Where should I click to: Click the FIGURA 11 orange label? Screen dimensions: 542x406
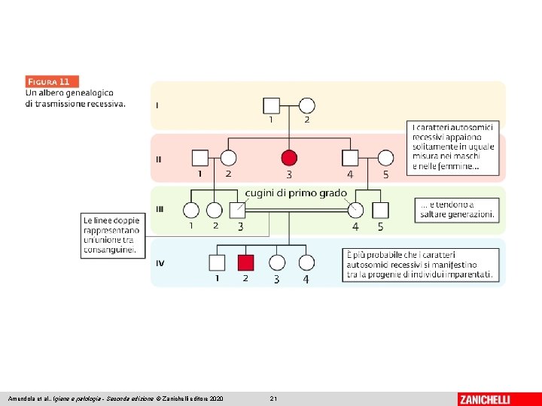(x=52, y=81)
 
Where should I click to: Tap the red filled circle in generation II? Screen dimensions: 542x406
(x=289, y=157)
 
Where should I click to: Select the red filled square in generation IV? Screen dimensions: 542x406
(x=245, y=262)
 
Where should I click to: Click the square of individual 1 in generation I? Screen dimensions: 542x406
(x=271, y=105)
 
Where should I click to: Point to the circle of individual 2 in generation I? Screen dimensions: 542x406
(x=306, y=105)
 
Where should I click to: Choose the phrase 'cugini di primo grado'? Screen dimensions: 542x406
(x=296, y=193)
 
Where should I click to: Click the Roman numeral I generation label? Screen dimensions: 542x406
(x=157, y=105)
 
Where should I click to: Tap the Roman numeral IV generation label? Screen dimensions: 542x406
(x=160, y=263)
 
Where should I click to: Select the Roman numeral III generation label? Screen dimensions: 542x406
(x=159, y=210)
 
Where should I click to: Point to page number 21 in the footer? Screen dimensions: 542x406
(x=273, y=398)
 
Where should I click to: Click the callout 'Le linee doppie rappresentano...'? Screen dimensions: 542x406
(x=111, y=235)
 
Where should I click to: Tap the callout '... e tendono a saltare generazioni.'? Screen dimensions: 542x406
(x=458, y=210)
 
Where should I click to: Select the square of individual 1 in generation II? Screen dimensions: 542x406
(x=199, y=158)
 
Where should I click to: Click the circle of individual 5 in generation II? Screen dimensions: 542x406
(x=385, y=158)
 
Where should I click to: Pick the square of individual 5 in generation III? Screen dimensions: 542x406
(x=380, y=211)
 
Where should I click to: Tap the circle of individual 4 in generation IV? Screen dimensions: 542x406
(x=306, y=262)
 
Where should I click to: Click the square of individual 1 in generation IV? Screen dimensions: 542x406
(x=217, y=262)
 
